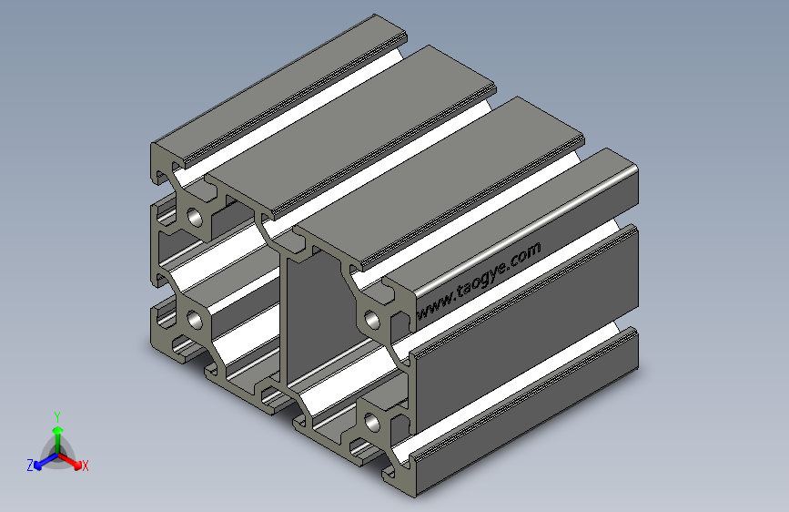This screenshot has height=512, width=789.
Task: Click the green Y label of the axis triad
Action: click(57, 417)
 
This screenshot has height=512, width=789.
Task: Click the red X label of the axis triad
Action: click(85, 466)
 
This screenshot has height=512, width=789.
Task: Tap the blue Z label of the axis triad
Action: click(30, 466)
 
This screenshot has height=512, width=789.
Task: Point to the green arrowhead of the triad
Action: click(58, 430)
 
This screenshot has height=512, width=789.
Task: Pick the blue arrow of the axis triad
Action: click(46, 461)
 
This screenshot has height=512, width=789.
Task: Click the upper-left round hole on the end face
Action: click(194, 218)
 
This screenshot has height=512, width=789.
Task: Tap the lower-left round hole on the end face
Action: click(194, 320)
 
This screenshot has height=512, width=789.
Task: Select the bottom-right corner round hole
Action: click(372, 423)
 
